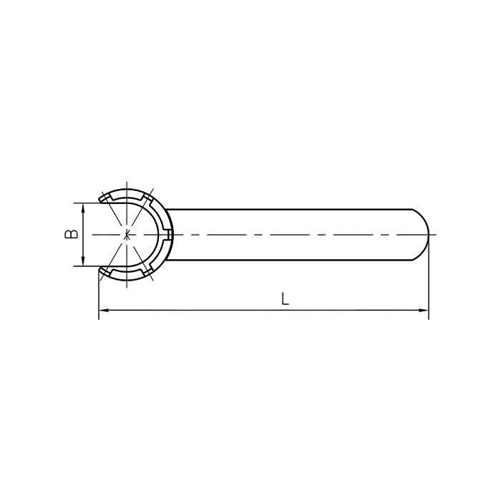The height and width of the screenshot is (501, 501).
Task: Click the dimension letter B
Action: [x=72, y=234]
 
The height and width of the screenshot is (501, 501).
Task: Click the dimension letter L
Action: [x=285, y=298]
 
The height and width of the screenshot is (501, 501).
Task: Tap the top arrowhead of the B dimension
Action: [x=84, y=209]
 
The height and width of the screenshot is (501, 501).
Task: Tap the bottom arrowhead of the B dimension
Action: [x=84, y=260]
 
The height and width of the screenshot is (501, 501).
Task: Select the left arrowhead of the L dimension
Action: [x=104, y=310]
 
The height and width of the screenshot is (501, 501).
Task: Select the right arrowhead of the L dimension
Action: [x=423, y=310]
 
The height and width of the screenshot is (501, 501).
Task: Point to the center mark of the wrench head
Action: [x=127, y=235]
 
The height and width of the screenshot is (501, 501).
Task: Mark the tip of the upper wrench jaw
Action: [x=100, y=200]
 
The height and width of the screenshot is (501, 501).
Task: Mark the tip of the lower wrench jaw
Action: [x=100, y=269]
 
